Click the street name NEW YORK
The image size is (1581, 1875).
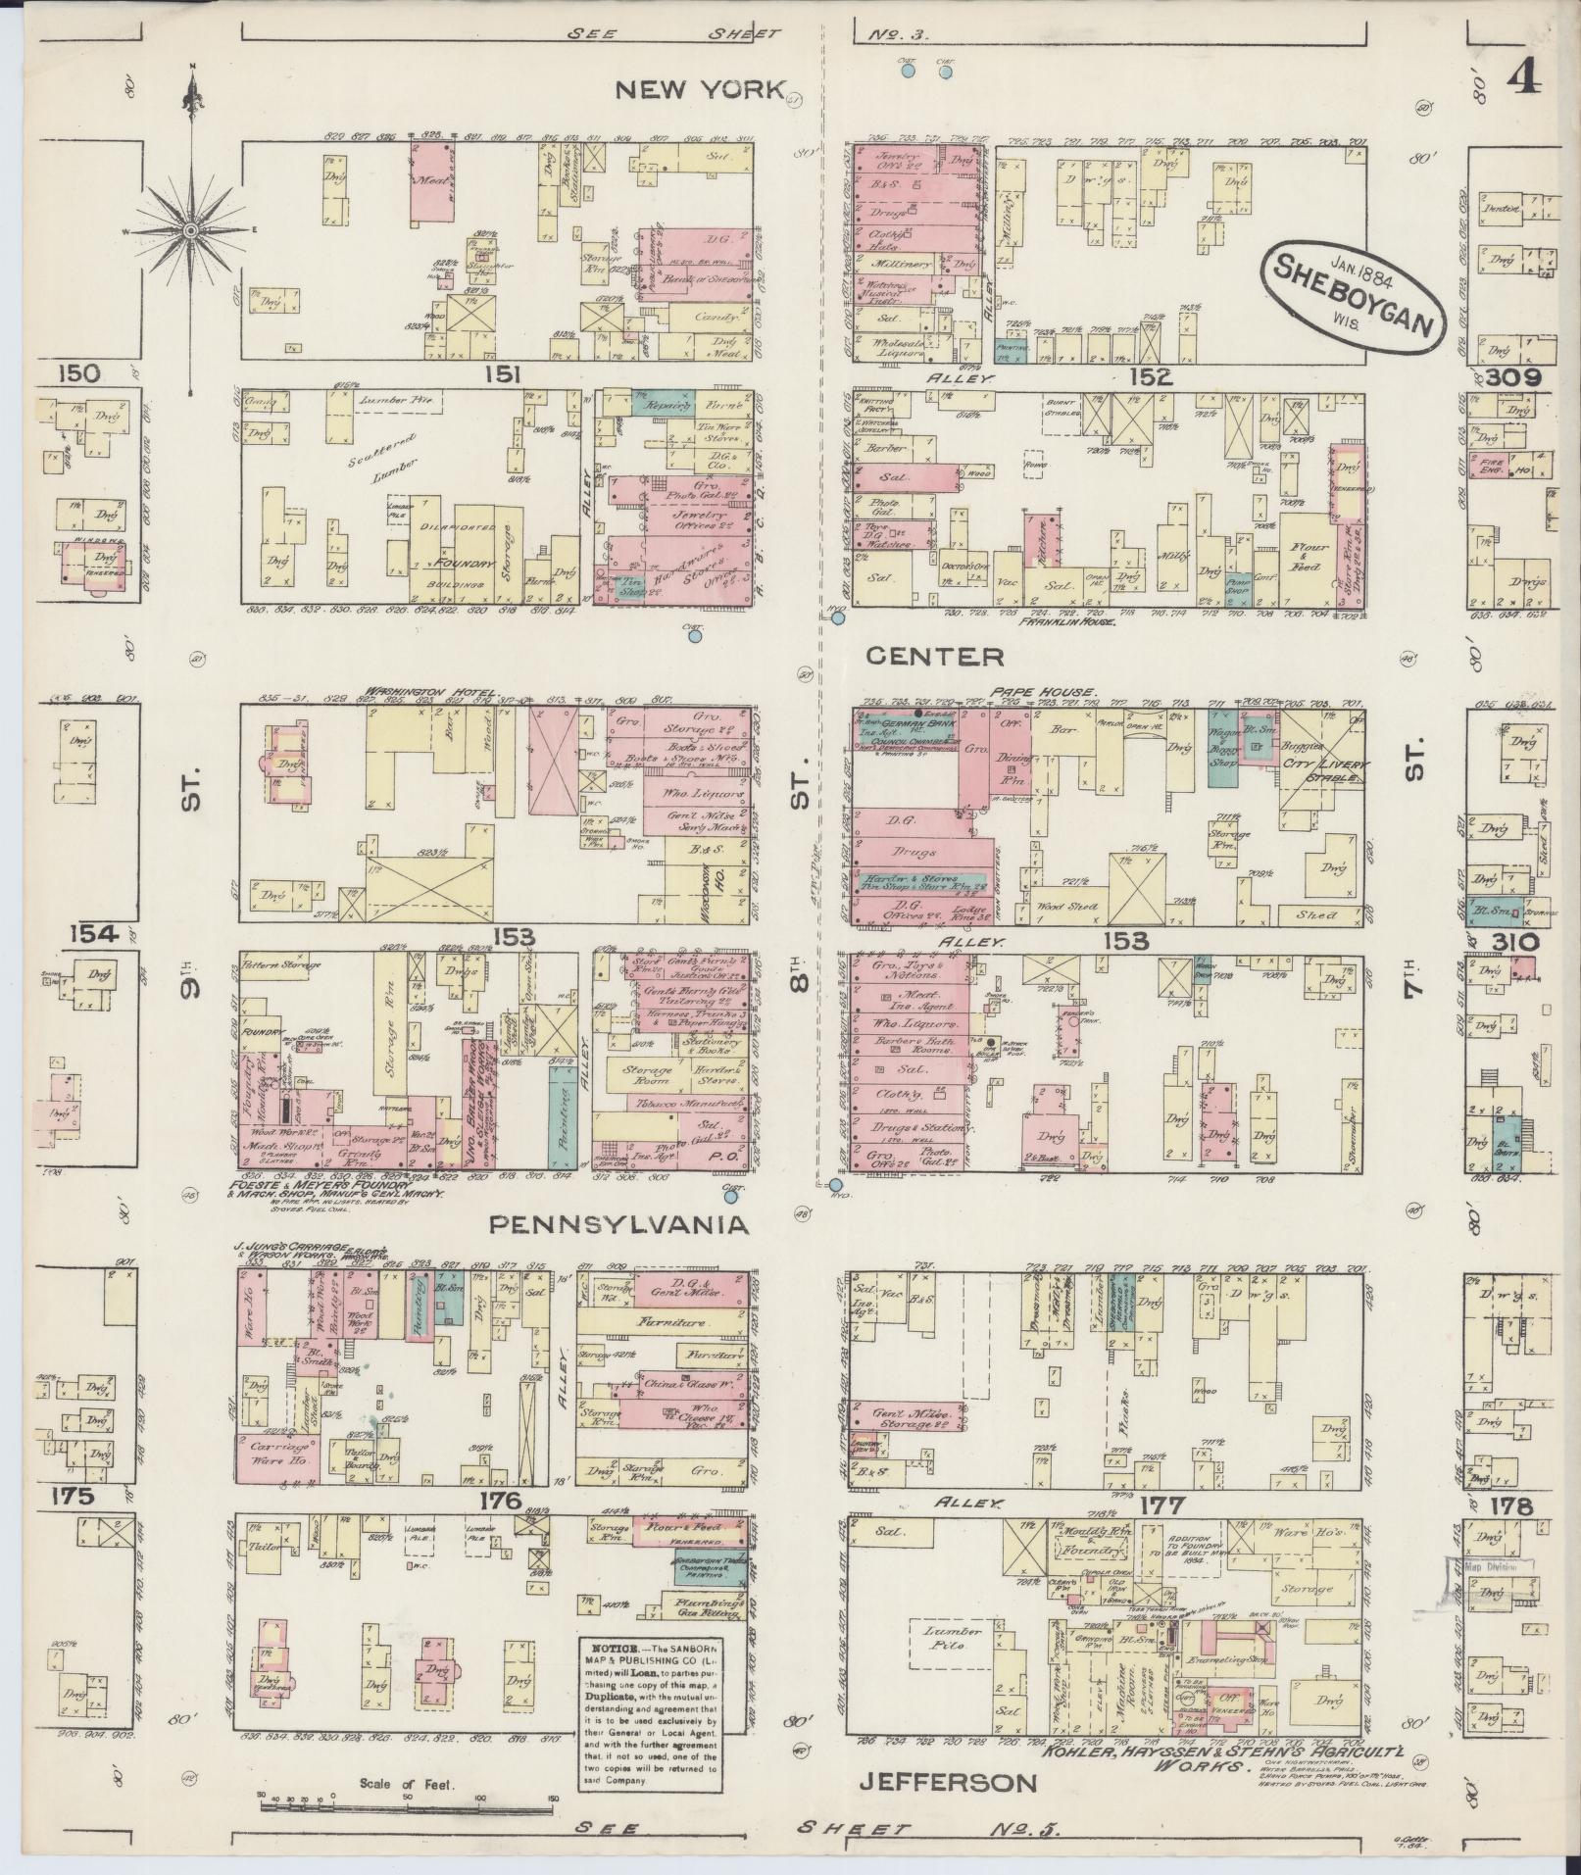(x=700, y=91)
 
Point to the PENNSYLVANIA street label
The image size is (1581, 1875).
(x=618, y=1224)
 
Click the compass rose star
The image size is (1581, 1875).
(x=191, y=230)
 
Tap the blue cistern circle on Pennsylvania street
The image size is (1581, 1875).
(x=729, y=1192)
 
